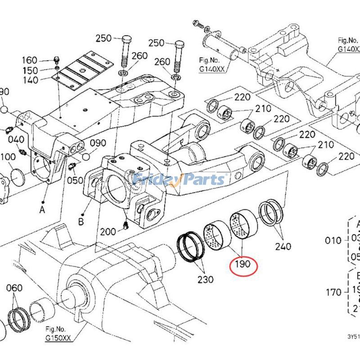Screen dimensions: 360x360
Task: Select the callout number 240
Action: point(283,247)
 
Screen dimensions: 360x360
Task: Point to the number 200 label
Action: point(108,232)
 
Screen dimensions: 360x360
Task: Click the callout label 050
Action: point(75,180)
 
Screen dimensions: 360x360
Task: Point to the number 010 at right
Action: point(333,240)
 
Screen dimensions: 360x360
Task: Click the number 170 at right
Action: point(333,293)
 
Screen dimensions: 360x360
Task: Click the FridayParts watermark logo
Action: point(180,180)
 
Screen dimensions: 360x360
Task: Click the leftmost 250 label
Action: point(103,39)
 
